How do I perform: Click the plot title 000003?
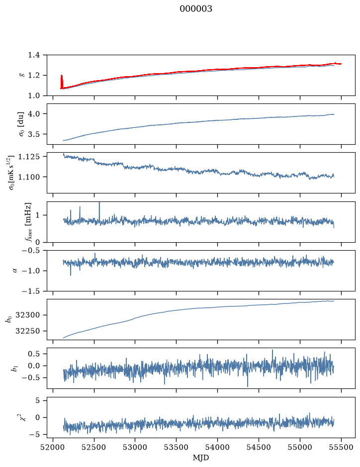pyautogui.click(x=195, y=8)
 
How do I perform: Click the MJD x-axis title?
pyautogui.click(x=201, y=458)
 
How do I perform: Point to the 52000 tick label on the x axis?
pyautogui.click(x=53, y=447)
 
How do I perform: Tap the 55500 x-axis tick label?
pyautogui.click(x=341, y=447)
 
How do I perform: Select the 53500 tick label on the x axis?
pyautogui.click(x=177, y=447)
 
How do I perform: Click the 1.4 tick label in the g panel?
pyautogui.click(x=34, y=55)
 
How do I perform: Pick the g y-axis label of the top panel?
pyautogui.click(x=21, y=75)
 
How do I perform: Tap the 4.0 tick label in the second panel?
pyautogui.click(x=34, y=114)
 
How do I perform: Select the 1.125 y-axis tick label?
pyautogui.click(x=29, y=156)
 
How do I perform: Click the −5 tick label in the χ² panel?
pyautogui.click(x=36, y=435)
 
